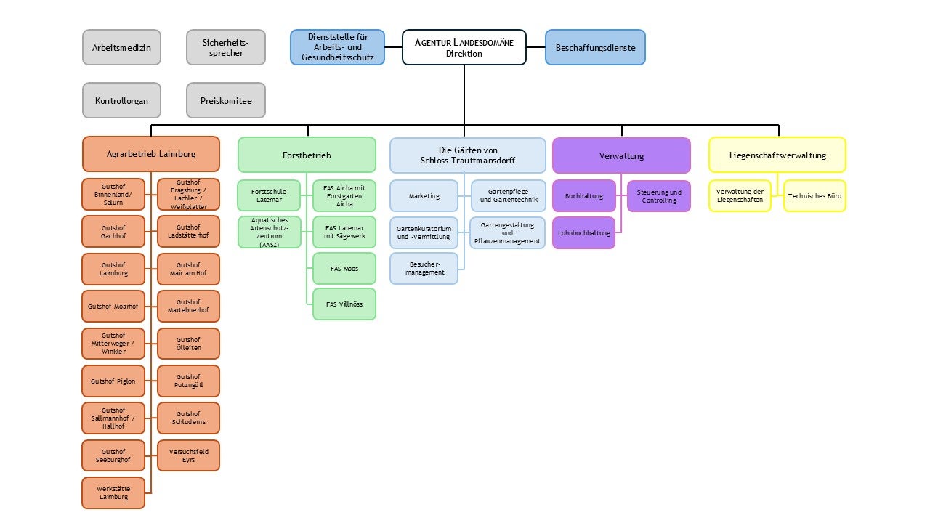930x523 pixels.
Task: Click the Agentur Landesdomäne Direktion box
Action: click(464, 47)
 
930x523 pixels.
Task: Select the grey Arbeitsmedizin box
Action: click(121, 48)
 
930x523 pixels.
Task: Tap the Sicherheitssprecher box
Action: click(225, 48)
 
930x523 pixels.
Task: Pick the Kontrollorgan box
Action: click(121, 100)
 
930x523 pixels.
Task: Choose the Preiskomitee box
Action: click(225, 100)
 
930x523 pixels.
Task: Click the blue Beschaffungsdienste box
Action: click(595, 47)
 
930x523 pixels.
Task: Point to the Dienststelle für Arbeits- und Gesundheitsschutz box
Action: click(337, 47)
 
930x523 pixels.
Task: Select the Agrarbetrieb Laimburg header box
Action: click(151, 154)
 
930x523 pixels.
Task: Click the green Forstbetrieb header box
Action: click(307, 155)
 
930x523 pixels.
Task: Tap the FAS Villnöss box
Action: click(344, 304)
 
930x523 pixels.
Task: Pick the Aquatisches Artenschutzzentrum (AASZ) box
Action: click(269, 232)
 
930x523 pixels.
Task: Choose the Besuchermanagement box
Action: click(424, 268)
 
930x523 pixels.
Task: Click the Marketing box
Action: click(424, 195)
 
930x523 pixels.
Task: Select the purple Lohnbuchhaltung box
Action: click(583, 232)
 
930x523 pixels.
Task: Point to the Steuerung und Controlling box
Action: click(658, 196)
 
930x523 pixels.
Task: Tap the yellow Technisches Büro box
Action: click(814, 195)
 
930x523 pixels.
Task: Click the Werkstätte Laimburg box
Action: click(113, 492)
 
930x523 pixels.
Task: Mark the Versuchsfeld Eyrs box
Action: click(188, 455)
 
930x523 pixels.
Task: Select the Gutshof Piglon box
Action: click(113, 381)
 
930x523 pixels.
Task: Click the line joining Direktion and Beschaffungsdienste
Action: click(535, 47)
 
